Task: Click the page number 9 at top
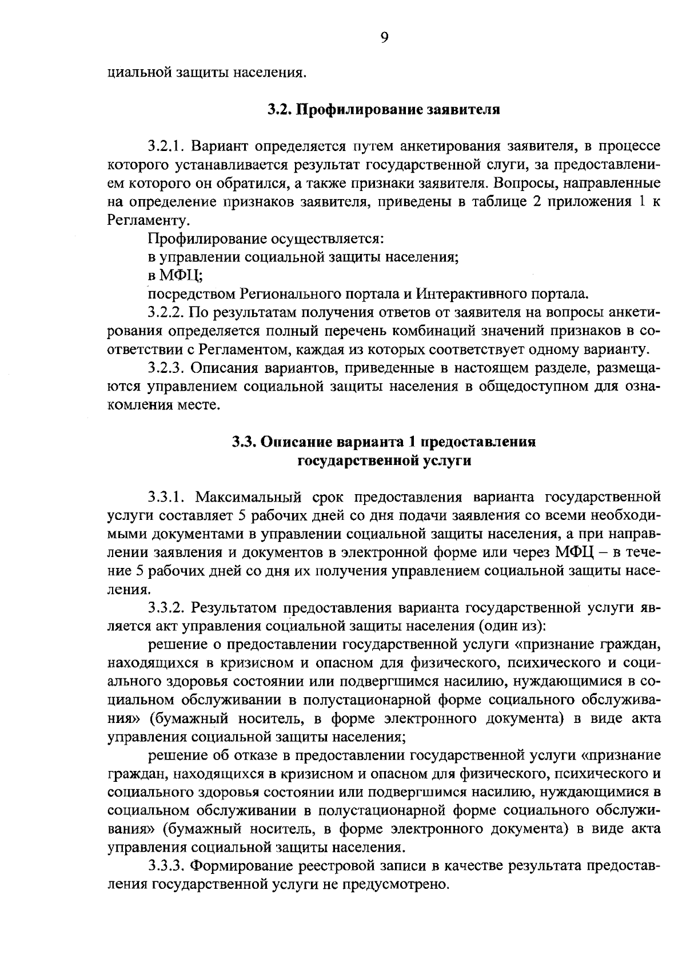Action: [384, 38]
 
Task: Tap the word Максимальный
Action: [250, 494]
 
